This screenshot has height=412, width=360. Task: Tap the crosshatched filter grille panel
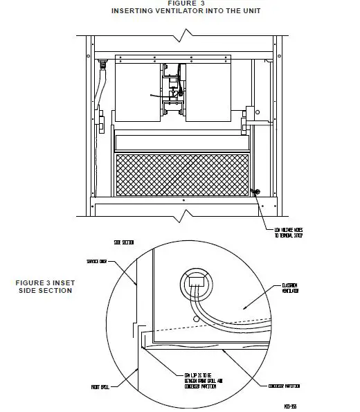(182, 173)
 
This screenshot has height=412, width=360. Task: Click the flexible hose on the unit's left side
(103, 90)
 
